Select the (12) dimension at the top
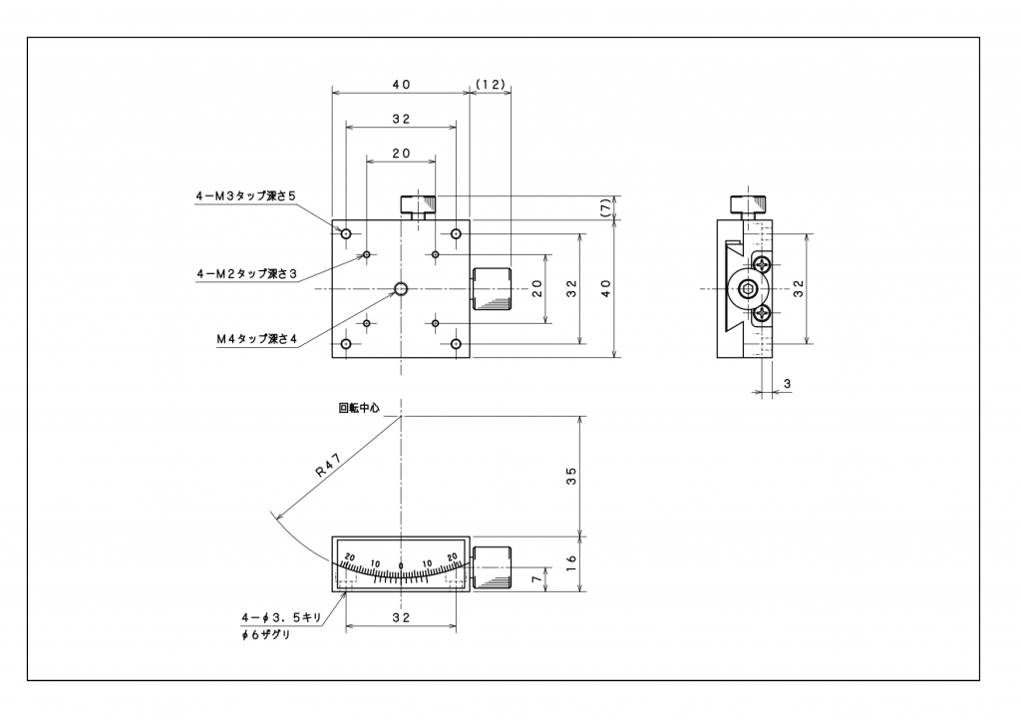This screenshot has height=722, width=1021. click(490, 85)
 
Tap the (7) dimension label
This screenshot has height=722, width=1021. click(605, 206)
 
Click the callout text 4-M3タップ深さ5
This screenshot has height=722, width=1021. click(245, 196)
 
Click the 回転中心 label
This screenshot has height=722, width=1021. click(358, 407)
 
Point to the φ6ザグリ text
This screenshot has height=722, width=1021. click(264, 636)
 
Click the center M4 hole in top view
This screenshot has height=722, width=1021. click(401, 289)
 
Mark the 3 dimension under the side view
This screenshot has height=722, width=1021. click(788, 383)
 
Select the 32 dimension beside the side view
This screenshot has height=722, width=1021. click(798, 288)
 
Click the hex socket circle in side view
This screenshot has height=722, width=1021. click(748, 289)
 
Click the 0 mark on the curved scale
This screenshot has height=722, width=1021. click(401, 566)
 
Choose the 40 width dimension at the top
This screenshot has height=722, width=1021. click(401, 85)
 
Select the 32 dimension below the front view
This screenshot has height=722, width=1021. click(401, 618)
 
